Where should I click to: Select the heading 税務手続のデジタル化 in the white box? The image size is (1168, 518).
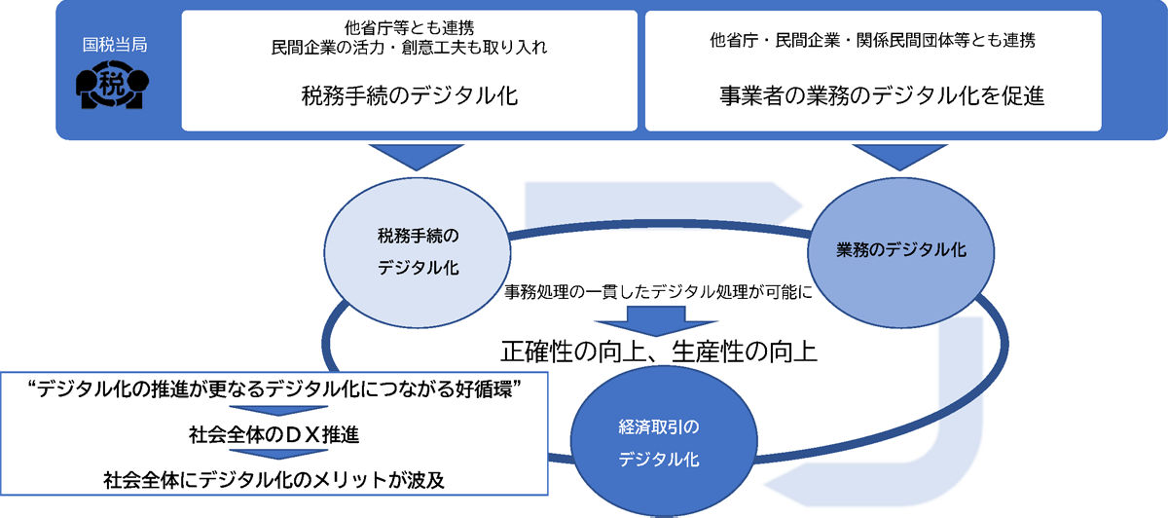tap(409, 95)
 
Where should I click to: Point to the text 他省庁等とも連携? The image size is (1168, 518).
tap(410, 27)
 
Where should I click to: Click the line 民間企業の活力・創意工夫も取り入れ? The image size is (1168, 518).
tap(410, 48)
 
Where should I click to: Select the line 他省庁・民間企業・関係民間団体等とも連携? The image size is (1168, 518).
tap(874, 41)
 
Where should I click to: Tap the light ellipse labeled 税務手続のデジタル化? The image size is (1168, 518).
tap(419, 251)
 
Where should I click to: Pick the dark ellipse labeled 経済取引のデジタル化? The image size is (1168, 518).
tap(659, 442)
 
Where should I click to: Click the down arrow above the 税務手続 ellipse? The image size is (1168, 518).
tap(417, 157)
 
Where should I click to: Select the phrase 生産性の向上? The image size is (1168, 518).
tap(745, 351)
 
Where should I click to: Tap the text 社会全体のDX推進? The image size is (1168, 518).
tap(275, 434)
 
